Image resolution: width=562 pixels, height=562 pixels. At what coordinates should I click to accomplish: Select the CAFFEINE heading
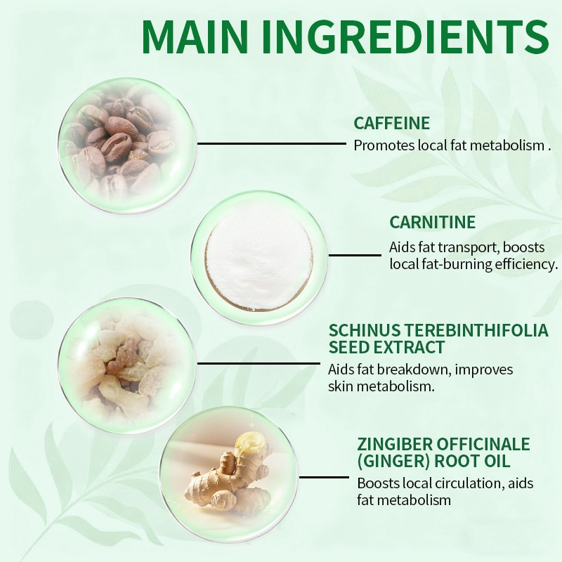click(391, 124)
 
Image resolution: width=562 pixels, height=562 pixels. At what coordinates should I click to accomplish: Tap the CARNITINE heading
click(432, 223)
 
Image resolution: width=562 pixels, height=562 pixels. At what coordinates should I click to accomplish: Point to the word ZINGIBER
click(393, 445)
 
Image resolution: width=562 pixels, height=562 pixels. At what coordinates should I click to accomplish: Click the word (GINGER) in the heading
click(390, 462)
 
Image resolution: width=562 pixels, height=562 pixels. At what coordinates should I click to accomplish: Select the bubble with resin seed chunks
click(125, 365)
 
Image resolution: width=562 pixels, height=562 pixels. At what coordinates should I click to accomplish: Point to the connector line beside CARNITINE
click(355, 255)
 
